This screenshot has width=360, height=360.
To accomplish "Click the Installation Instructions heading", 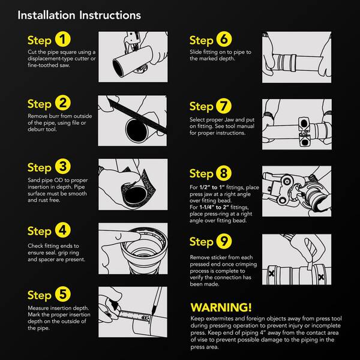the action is [79, 16].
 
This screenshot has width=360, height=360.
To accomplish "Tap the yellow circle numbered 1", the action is [62, 39].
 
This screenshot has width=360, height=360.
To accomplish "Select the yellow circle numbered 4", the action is [62, 230].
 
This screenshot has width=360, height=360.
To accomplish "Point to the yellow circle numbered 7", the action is [224, 106].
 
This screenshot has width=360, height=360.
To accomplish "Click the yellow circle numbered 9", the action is [224, 241].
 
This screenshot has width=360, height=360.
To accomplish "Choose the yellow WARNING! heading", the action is [221, 307].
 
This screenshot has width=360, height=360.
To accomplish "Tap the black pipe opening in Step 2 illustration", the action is [137, 131].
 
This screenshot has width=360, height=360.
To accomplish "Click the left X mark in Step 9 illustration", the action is [271, 274].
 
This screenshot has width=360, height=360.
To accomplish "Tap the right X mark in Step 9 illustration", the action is [321, 277].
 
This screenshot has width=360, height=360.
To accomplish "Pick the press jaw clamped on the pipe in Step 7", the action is [304, 132].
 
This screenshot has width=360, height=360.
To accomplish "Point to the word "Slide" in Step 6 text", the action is [196, 52].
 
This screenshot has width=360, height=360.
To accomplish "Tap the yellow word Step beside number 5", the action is [39, 295].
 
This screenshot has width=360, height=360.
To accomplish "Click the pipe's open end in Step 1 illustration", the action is [118, 68].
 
